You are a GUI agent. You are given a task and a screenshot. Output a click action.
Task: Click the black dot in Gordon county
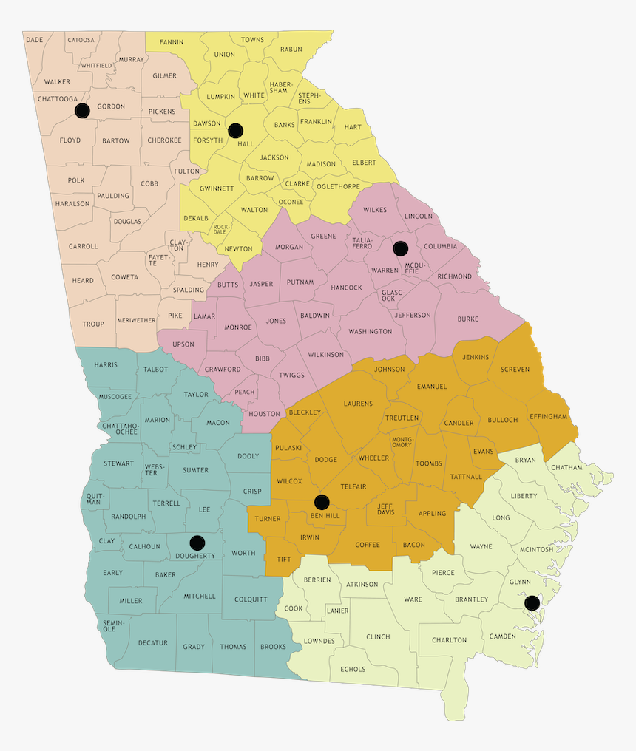82,111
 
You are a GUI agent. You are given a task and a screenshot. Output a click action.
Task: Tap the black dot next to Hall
235,131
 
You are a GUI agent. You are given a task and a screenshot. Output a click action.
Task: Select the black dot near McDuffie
400,248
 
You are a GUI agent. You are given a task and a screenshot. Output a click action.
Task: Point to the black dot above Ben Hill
321,502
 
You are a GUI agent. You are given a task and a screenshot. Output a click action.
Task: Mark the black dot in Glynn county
531,603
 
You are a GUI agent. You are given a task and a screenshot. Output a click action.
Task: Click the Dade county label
34,40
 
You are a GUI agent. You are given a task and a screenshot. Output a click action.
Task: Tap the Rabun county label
291,50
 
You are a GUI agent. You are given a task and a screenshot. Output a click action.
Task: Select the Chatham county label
566,468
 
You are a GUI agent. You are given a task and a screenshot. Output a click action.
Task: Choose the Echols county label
353,670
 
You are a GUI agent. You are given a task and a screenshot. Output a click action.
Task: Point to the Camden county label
503,636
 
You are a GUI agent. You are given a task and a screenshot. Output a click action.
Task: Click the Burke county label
467,319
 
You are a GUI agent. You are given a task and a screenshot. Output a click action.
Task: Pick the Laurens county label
358,404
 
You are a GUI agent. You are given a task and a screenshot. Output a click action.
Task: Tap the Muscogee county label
115,397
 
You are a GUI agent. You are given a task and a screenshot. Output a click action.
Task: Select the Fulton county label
186,171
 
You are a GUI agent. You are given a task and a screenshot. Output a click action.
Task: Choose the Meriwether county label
137,321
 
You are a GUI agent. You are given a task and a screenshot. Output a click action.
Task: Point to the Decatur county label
153,643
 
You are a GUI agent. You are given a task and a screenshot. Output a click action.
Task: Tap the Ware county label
413,599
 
